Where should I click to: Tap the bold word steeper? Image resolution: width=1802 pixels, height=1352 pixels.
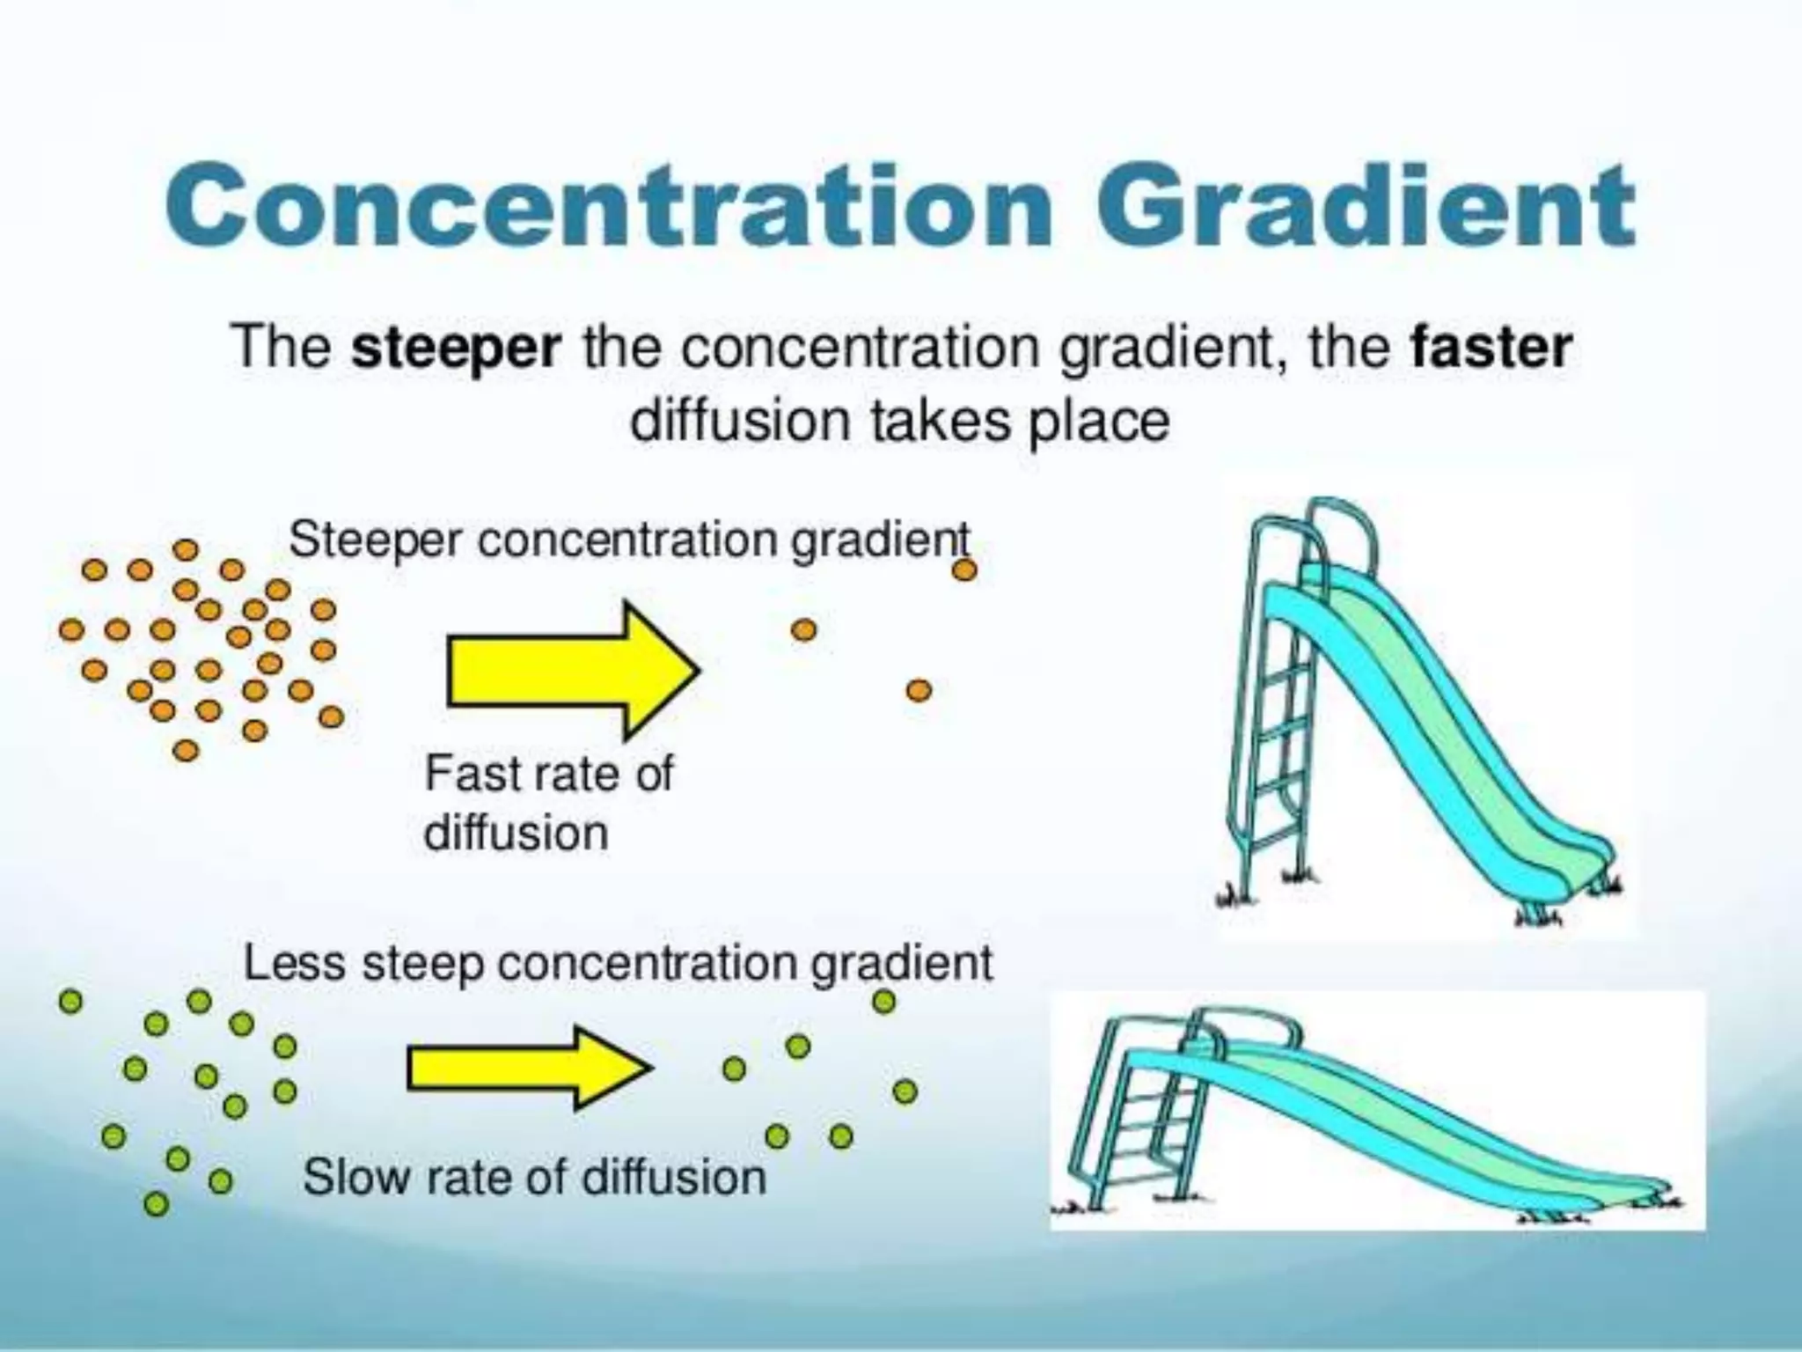click(x=456, y=349)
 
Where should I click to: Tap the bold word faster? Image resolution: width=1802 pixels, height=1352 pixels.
click(x=1491, y=349)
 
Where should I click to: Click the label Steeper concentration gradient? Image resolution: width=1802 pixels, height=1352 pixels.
click(x=629, y=539)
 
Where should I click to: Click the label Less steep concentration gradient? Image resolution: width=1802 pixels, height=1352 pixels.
click(x=618, y=963)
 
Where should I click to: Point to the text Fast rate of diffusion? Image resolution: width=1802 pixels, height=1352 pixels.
click(x=547, y=803)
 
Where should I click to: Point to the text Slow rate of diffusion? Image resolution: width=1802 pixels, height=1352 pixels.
click(x=534, y=1177)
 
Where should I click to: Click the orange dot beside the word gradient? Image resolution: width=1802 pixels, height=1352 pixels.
click(x=964, y=570)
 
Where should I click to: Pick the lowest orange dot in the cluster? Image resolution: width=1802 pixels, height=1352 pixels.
click(x=186, y=750)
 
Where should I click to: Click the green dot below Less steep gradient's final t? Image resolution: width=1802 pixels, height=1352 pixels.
click(x=883, y=1002)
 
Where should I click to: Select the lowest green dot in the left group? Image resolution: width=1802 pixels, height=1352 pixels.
click(x=156, y=1202)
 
